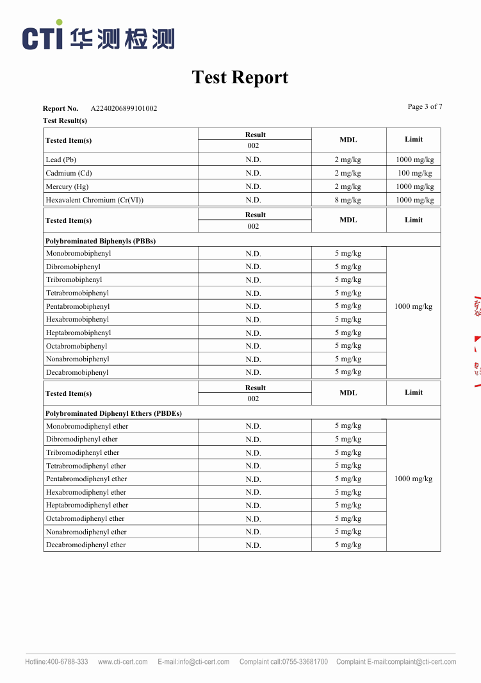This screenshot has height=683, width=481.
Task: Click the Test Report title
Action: pos(240,78)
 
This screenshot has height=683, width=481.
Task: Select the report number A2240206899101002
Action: pos(124,108)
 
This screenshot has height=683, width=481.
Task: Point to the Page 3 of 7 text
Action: pos(425,106)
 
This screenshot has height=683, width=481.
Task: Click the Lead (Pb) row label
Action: pos(61,160)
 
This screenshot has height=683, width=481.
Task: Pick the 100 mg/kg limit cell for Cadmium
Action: pos(414,173)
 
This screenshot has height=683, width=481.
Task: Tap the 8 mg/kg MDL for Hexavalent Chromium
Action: pos(348,200)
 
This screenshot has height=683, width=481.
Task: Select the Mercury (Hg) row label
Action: pos(67,186)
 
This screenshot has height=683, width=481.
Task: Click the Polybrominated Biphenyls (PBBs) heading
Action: pos(101,241)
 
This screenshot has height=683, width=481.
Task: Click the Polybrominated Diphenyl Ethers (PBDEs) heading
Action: pos(113,413)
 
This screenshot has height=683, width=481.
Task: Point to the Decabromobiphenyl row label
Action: pos(77,372)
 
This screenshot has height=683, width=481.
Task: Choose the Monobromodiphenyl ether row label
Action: pos(86,426)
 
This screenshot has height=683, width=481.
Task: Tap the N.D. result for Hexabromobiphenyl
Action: pos(253,320)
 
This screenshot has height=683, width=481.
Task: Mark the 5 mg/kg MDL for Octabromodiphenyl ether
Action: pos(348,518)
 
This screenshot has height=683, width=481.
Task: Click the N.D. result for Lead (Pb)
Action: pos(253,160)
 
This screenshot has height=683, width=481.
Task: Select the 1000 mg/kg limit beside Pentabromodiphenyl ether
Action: pos(413,479)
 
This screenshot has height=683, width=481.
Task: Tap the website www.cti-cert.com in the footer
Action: pos(122,662)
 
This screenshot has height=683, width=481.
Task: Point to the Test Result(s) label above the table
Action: pos(65,120)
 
